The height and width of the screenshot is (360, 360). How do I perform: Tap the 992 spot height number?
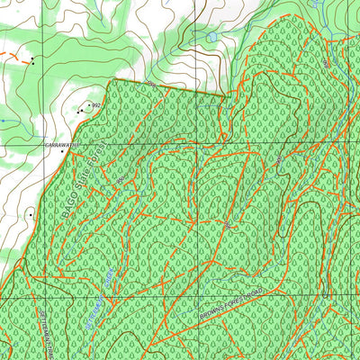pyautogui.click(x=96, y=106)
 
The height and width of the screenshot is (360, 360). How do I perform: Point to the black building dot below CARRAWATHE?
pyautogui.click(x=62, y=151)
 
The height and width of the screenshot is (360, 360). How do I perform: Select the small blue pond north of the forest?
pyautogui.click(x=210, y=38)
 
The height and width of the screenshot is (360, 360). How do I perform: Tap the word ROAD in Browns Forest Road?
pyautogui.click(x=258, y=294)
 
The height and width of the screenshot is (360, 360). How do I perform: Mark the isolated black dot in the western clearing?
pyautogui.click(x=31, y=215)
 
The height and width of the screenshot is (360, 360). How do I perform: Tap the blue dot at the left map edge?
pyautogui.click(x=3, y=120)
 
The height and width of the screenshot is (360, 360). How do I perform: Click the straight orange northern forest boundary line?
pyautogui.click(x=166, y=87)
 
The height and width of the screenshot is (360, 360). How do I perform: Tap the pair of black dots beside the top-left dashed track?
pyautogui.click(x=32, y=61)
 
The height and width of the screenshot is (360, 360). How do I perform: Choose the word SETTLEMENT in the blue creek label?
pyautogui.click(x=93, y=310)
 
